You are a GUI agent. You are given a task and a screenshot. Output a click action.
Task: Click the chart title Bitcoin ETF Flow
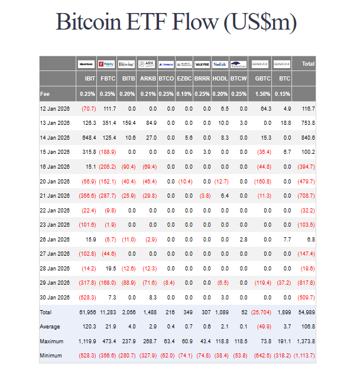tap(176, 22)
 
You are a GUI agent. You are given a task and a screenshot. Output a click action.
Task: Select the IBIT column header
tap(89, 78)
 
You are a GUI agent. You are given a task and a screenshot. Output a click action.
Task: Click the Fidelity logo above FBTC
tap(107, 63)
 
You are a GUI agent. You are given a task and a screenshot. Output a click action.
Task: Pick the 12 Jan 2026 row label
tap(55, 108)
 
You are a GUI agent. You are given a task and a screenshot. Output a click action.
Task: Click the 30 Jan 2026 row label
tap(55, 297)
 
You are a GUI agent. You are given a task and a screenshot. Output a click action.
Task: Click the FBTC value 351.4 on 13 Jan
tap(108, 123)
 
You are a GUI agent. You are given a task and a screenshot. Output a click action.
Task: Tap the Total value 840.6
tap(306, 137)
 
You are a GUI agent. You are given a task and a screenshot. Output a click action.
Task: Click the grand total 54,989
tap(305, 312)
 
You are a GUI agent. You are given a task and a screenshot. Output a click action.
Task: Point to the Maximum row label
tap(51, 341)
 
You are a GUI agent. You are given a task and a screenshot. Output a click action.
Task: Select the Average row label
tap(50, 327)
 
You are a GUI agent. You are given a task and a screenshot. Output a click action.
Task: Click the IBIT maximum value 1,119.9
tap(86, 341)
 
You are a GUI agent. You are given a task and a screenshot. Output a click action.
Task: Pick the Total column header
tap(307, 63)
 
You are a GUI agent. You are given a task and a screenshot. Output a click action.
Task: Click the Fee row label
tap(45, 94)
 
